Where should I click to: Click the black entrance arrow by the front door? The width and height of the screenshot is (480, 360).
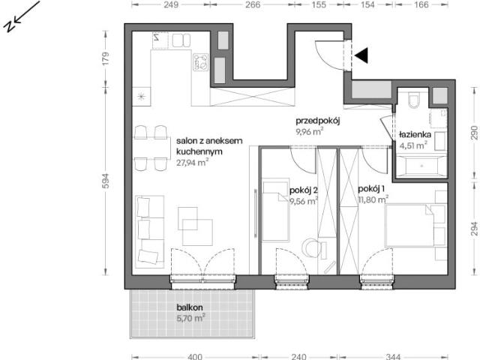[361, 55]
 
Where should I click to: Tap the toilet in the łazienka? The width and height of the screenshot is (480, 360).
[413, 100]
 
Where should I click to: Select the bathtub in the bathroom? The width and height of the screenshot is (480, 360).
[421, 166]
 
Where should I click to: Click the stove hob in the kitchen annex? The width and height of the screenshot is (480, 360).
[200, 62]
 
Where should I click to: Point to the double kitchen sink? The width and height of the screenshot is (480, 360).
[181, 40]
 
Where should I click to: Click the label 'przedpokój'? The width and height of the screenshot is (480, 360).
[318, 121]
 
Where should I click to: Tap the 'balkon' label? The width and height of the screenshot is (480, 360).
[190, 307]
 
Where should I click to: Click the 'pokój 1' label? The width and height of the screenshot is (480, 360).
[371, 189]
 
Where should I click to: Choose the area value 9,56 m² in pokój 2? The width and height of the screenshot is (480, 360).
[304, 201]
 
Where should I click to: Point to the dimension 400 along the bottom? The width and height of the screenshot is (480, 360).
[195, 356]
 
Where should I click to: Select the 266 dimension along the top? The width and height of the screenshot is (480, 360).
[253, 4]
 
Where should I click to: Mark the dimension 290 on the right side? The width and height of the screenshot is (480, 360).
[474, 132]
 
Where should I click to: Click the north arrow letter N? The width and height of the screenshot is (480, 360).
[9, 26]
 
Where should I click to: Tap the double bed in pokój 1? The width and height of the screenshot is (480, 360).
[409, 225]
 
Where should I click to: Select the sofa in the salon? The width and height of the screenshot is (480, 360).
[150, 232]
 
